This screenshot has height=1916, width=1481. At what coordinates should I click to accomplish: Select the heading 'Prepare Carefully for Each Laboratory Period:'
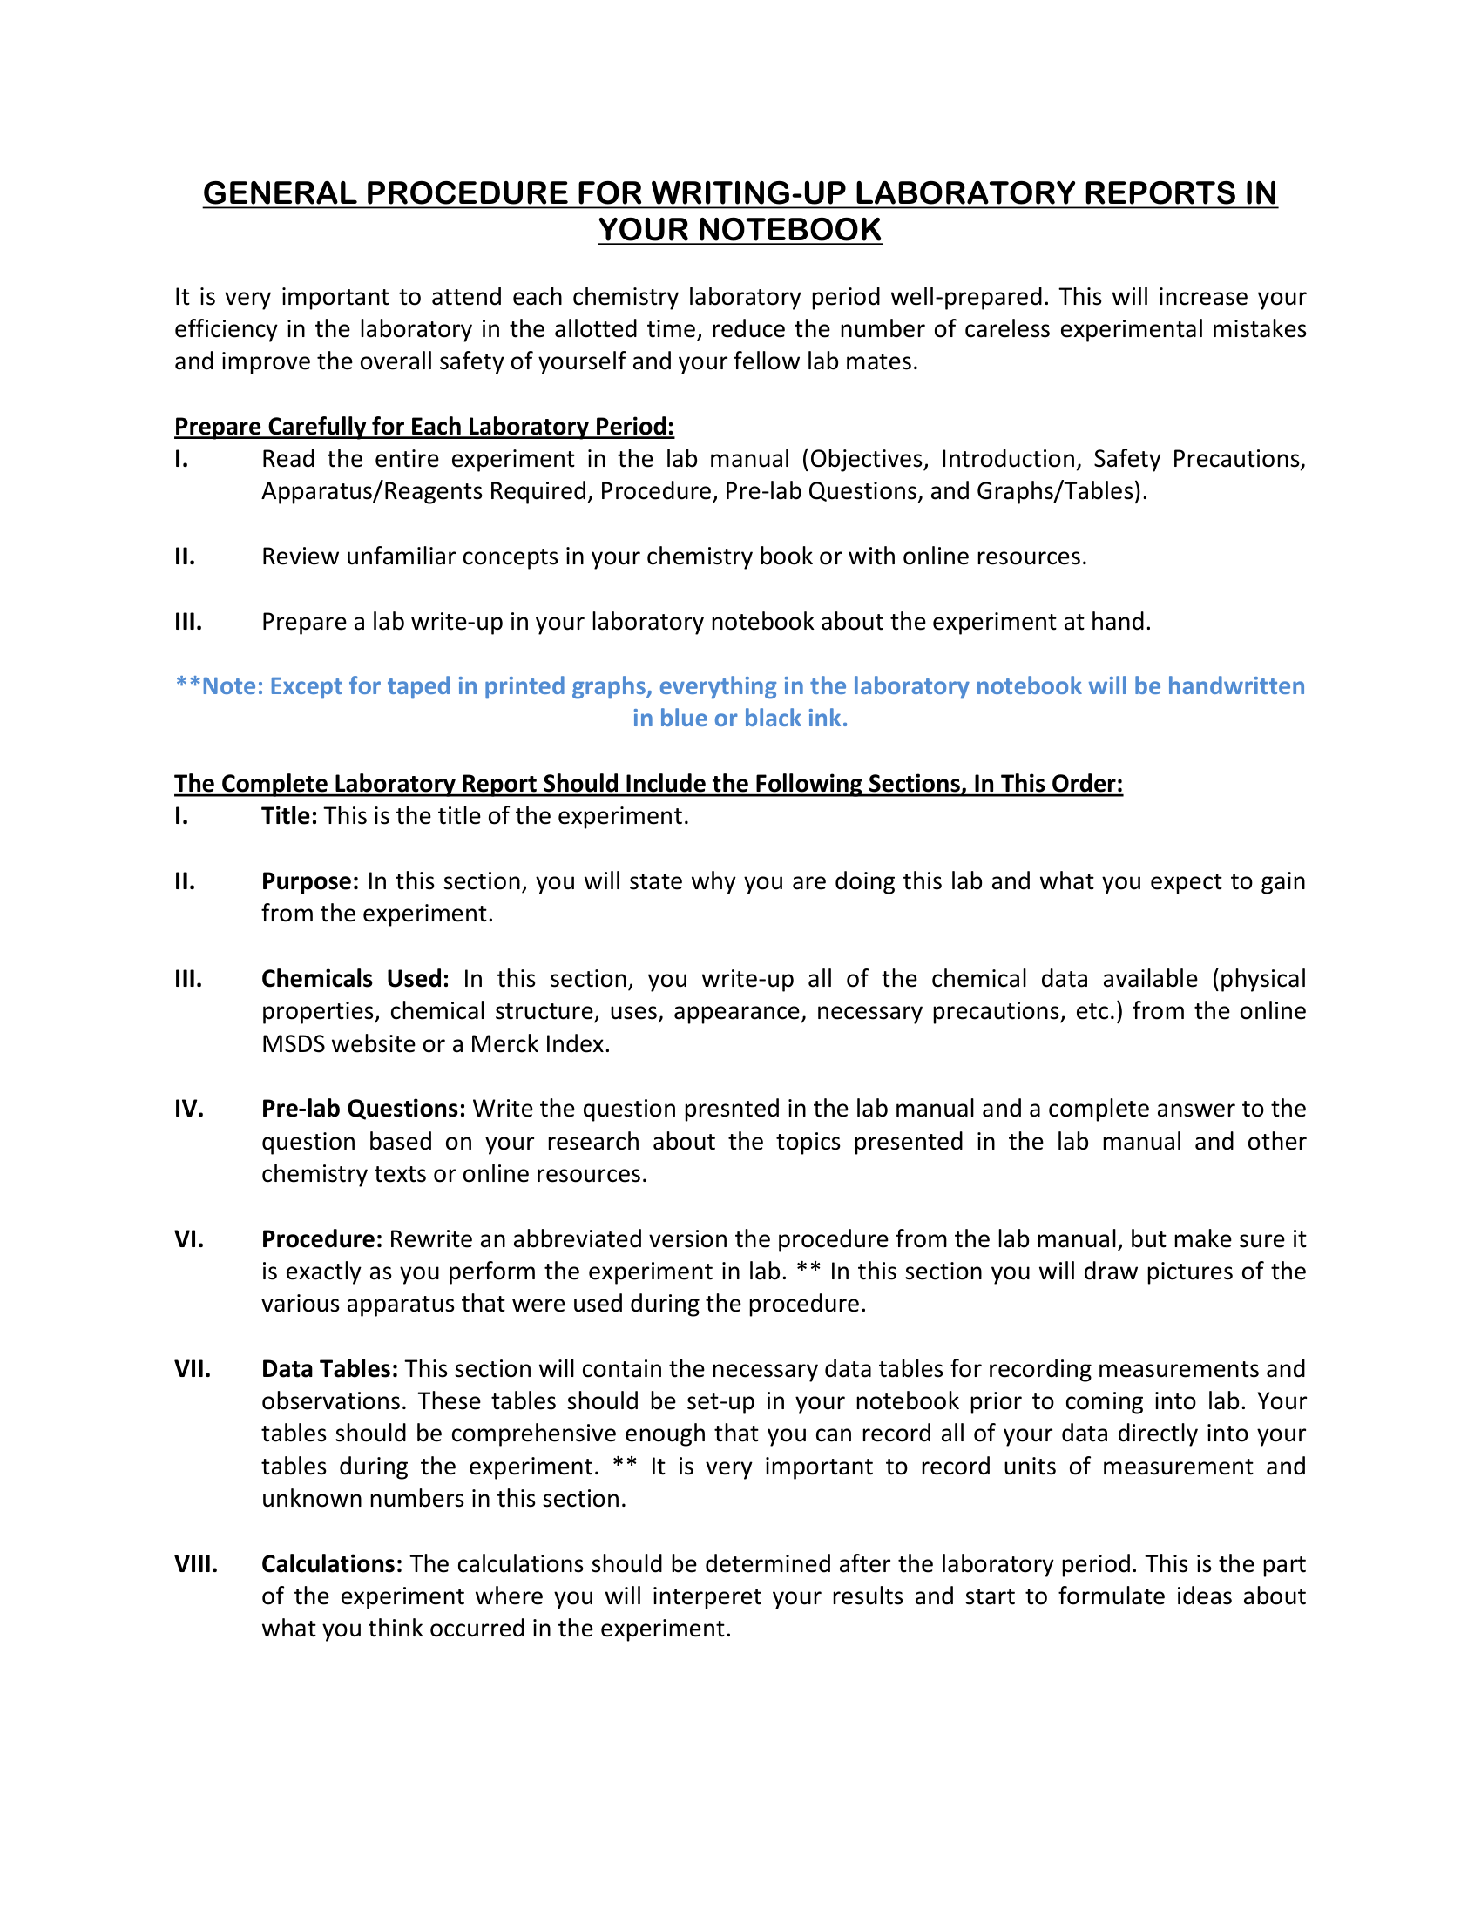(423, 427)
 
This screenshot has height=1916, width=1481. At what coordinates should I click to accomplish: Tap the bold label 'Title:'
(288, 816)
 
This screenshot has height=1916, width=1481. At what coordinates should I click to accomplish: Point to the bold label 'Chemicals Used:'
(355, 978)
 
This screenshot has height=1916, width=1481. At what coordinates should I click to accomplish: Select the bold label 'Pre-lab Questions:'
(363, 1108)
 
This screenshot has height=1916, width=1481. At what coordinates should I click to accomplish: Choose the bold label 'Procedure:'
(321, 1238)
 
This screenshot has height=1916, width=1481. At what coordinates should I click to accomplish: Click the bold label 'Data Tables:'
(330, 1368)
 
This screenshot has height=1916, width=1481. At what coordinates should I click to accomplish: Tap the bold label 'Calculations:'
(332, 1563)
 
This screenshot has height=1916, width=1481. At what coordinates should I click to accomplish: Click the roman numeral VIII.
(196, 1563)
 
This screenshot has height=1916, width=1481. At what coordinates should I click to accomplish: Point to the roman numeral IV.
(189, 1108)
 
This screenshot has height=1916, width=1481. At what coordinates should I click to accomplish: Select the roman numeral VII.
(193, 1368)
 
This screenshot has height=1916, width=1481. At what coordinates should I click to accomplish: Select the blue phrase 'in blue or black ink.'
(740, 718)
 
